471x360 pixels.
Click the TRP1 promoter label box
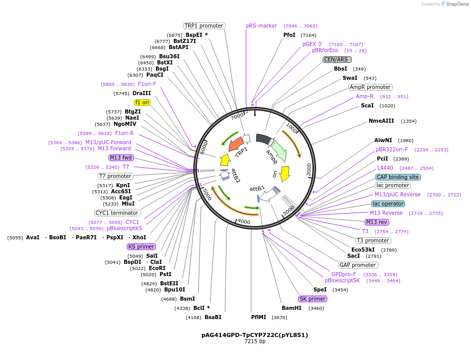coord(204,26)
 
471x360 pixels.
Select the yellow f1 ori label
coord(142,102)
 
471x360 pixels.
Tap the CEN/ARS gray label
coord(337,59)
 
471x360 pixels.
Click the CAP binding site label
coord(398,177)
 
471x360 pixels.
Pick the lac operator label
coord(388,204)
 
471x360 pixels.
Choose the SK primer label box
coord(312,299)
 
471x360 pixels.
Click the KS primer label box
coord(142,246)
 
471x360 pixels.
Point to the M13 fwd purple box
coord(121,157)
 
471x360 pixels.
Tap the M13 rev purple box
coord(377,222)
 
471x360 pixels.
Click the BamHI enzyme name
coord(291,308)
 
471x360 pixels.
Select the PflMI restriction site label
coord(258,317)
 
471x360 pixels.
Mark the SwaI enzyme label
coord(350,78)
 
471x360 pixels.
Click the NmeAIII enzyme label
coord(382,121)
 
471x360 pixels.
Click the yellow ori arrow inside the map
coord(285,173)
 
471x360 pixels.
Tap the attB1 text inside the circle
coord(257,188)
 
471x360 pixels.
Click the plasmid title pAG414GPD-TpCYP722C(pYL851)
coord(255,335)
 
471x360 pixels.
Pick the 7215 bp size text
coord(255,342)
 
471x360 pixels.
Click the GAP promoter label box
coord(358,265)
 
